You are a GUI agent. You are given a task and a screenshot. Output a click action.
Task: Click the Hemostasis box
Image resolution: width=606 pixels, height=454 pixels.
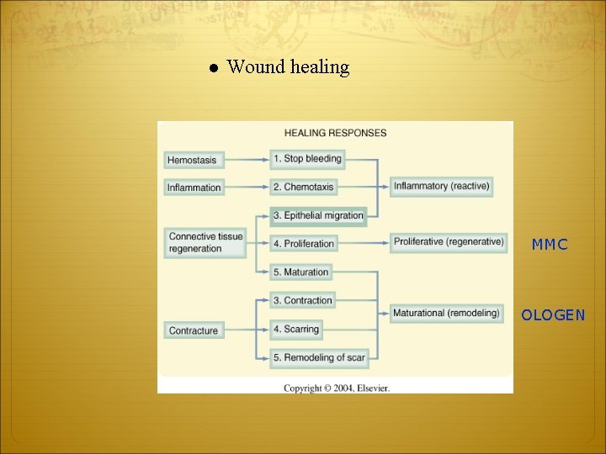point(192,160)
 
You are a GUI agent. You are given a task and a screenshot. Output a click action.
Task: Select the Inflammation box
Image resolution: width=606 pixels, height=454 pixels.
point(194,187)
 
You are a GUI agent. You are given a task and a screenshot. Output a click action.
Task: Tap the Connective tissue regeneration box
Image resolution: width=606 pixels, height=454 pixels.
point(205,242)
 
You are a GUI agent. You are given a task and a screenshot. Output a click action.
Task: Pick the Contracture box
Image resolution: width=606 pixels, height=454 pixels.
point(194,330)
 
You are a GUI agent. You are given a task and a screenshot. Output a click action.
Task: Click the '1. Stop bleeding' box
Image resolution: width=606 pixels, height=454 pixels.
point(306,159)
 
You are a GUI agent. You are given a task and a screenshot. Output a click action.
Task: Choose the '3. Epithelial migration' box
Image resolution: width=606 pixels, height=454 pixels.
point(317,215)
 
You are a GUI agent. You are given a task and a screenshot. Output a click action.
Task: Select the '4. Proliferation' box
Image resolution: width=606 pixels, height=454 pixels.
point(303,244)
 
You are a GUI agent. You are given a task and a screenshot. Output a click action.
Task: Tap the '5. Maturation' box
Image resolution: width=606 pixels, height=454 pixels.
point(300,272)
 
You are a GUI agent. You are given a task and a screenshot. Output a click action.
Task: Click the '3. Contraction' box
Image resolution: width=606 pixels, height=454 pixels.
point(302,300)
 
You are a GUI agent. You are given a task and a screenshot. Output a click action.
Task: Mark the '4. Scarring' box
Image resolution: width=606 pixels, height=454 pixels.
point(295,329)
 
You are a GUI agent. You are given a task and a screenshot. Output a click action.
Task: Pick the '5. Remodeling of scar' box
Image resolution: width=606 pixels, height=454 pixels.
point(318,357)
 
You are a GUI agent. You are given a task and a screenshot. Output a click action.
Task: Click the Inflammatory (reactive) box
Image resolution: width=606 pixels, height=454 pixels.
point(441,186)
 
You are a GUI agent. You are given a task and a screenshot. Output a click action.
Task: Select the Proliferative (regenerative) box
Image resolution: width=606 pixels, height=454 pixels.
point(448,242)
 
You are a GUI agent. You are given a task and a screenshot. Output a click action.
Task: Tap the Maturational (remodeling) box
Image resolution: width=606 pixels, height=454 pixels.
point(446,313)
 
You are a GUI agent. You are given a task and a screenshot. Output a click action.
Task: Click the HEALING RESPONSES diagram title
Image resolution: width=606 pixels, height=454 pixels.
point(335,133)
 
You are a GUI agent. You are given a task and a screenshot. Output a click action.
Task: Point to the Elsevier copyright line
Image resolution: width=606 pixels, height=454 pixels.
point(336,388)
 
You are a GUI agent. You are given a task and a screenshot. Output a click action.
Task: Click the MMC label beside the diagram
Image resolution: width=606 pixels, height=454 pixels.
point(550,245)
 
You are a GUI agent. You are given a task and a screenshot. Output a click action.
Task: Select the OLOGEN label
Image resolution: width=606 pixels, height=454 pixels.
point(552,316)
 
